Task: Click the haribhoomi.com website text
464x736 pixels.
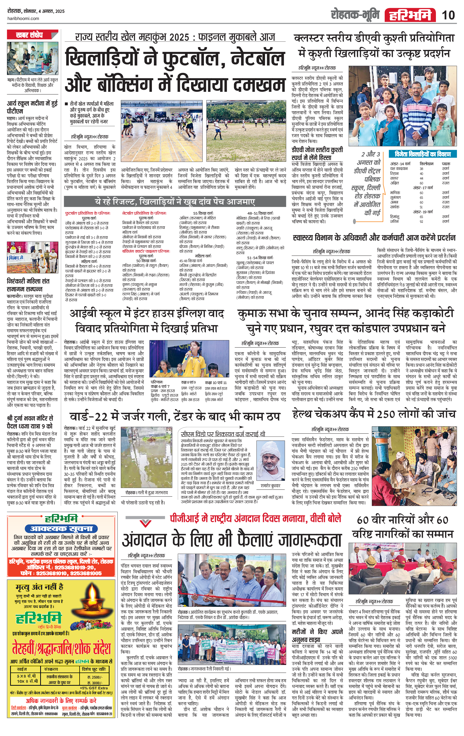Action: point(23,19)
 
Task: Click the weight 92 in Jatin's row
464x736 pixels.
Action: point(421,221)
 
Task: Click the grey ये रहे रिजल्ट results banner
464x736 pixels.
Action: point(175,202)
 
